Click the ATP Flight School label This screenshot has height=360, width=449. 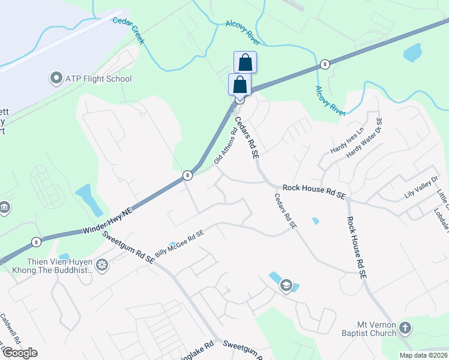[98, 79]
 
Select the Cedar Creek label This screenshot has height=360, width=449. [129, 29]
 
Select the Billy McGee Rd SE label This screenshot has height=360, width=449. [179, 245]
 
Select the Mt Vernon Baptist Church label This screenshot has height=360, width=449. [366, 329]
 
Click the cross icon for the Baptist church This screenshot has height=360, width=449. [405, 328]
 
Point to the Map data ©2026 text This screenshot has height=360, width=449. [423, 355]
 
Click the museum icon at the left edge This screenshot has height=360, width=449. [4, 208]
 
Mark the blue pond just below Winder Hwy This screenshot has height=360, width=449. [86, 199]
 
